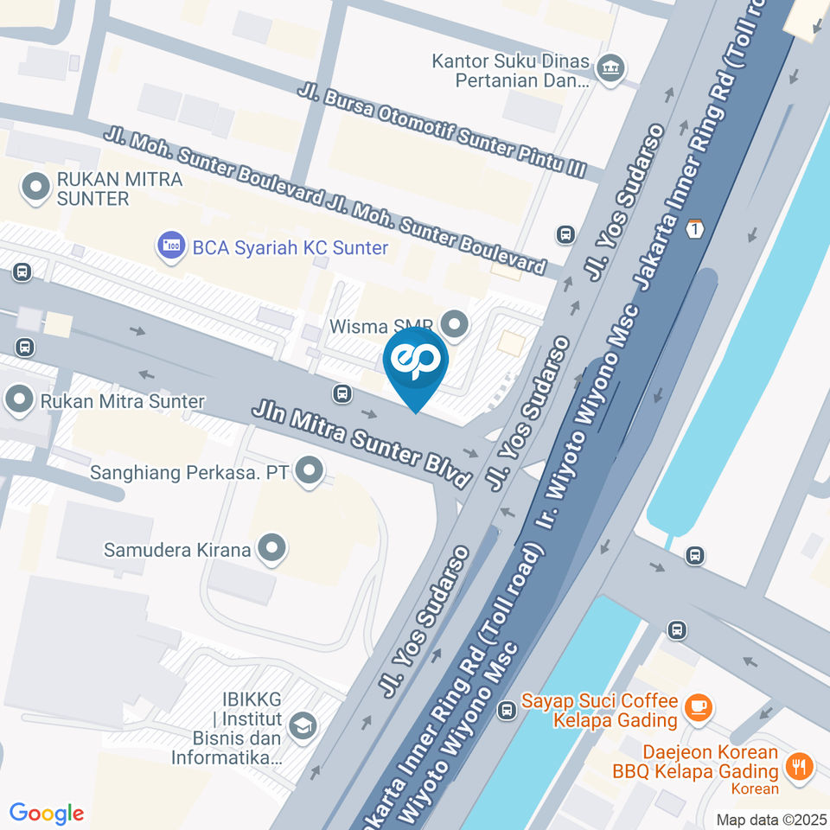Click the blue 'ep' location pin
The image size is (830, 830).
tap(416, 363)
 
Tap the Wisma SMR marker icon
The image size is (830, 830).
tap(454, 325)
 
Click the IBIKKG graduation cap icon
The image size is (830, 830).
tap(303, 725)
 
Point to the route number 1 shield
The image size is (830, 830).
tap(695, 229)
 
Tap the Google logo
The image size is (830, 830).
tap(47, 813)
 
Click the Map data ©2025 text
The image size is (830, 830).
tap(771, 819)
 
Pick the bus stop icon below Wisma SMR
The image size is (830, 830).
tap(343, 393)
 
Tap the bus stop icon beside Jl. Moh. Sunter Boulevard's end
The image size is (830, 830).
tap(566, 233)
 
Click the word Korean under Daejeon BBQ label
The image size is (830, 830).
tap(755, 788)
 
